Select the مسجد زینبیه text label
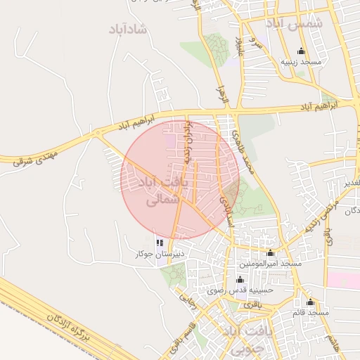(301, 62)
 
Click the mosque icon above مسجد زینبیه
(302, 51)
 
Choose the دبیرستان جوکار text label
(160, 253)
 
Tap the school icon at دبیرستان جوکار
(160, 243)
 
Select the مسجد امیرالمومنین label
(270, 263)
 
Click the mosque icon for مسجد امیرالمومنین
(271, 252)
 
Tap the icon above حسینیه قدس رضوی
(240, 279)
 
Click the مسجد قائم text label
(312, 311)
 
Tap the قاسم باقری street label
(181, 342)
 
